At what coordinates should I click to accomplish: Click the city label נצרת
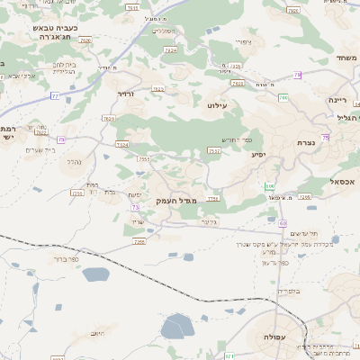point(303,143)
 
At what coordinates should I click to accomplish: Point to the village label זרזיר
point(124,93)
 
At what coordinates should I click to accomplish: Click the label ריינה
point(337,100)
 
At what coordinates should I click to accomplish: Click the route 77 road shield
point(55,95)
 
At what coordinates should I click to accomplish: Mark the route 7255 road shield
point(143,160)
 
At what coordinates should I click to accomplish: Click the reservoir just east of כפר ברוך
point(95,274)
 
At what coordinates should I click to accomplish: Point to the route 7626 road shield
point(86,40)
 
